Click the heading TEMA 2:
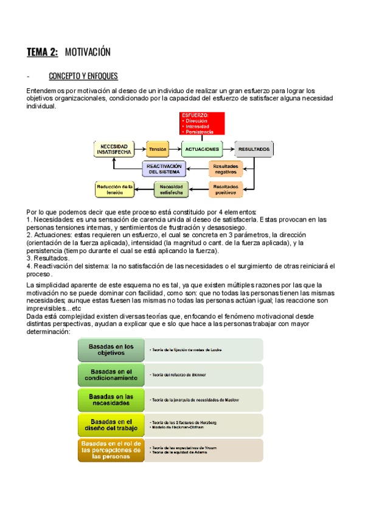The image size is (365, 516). (x=42, y=52)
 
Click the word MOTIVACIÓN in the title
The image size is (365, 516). (x=88, y=52)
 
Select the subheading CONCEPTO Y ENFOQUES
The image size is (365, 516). (x=83, y=77)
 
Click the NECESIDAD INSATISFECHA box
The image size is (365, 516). (x=114, y=149)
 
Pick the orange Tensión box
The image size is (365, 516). (x=158, y=149)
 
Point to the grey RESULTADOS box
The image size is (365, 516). (x=254, y=149)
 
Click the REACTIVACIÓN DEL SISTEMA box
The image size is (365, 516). (x=164, y=169)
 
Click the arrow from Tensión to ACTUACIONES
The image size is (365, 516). (x=175, y=149)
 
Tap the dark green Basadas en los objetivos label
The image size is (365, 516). (x=111, y=350)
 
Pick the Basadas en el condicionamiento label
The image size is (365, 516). (x=111, y=375)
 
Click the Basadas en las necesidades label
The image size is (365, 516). (x=111, y=400)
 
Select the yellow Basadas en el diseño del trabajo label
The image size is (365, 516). (x=111, y=425)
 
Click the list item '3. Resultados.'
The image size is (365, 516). (x=49, y=258)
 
